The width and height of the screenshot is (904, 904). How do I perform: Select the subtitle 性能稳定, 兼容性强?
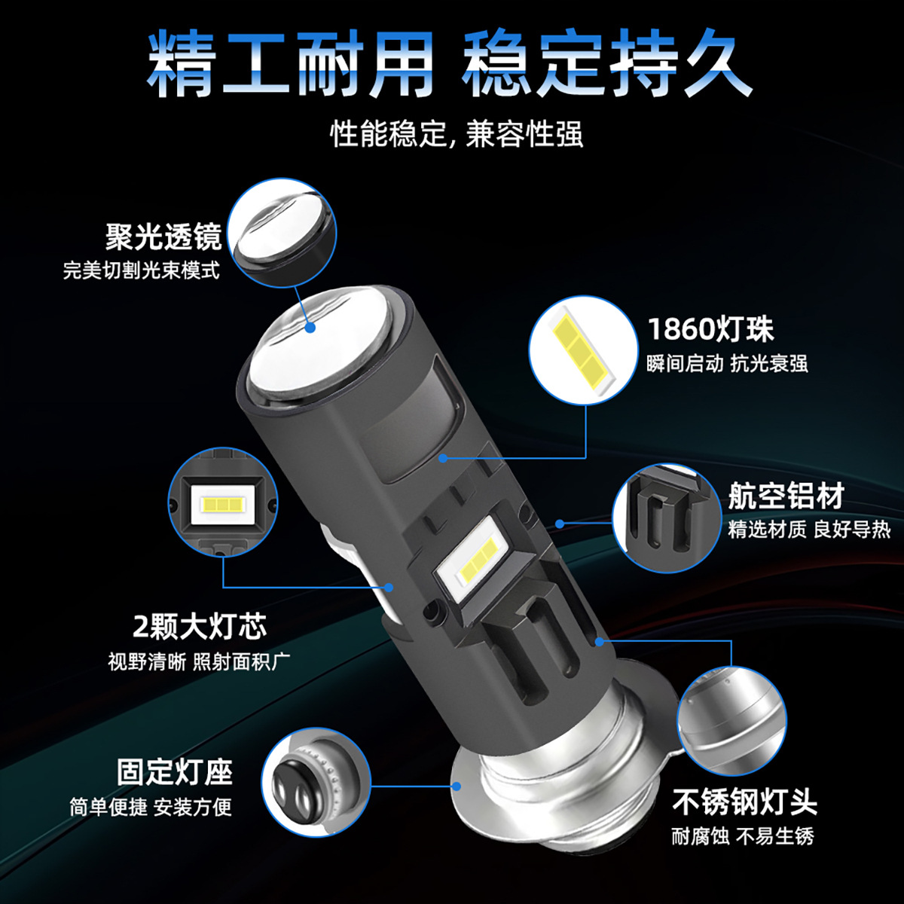(x=457, y=135)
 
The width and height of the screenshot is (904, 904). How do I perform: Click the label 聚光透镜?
(x=163, y=237)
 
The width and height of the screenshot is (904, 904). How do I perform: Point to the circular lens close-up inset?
(x=282, y=233)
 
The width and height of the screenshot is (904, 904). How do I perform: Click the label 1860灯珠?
(x=710, y=329)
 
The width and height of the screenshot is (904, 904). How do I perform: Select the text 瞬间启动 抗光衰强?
(x=727, y=364)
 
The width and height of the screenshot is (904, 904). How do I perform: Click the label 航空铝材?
(x=786, y=496)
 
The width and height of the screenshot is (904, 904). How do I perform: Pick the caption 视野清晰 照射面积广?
(x=199, y=662)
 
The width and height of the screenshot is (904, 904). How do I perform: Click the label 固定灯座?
(x=175, y=772)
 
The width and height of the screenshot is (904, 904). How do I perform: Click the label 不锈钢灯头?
(x=744, y=802)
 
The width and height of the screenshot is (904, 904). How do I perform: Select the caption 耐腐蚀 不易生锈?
(x=743, y=836)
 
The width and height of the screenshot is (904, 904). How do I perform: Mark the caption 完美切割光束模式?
(x=142, y=270)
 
